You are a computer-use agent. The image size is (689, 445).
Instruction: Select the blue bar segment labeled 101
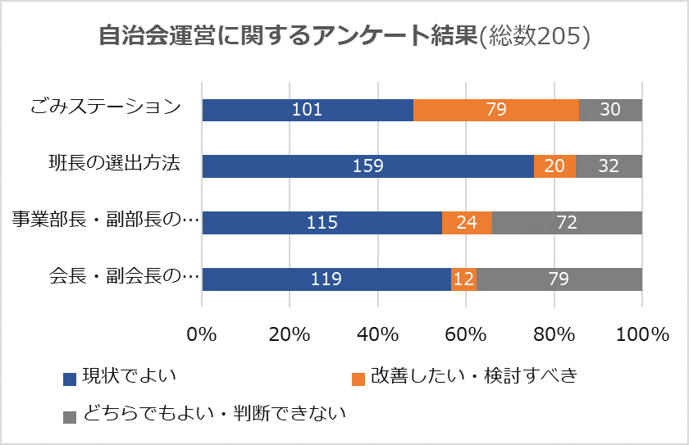pos(308,110)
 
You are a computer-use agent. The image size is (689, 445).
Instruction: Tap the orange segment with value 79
pos(495,110)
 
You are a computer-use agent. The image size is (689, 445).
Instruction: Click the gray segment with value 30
pos(610,110)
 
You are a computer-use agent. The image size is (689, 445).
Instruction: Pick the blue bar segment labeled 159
pos(367,166)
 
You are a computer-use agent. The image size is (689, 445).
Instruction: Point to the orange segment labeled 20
pos(554,166)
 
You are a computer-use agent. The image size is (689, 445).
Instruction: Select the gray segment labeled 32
pos(609,166)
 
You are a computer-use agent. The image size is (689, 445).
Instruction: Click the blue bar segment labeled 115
pos(322,223)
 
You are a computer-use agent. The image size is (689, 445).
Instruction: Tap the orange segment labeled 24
pos(467,223)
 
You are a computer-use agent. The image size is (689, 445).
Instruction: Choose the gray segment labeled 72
pos(567,223)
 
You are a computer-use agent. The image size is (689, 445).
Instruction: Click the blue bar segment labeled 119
pos(326,279)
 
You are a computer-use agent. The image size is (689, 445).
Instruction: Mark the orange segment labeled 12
pos(463,279)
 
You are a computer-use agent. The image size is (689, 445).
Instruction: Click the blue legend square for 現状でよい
pos(70,379)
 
